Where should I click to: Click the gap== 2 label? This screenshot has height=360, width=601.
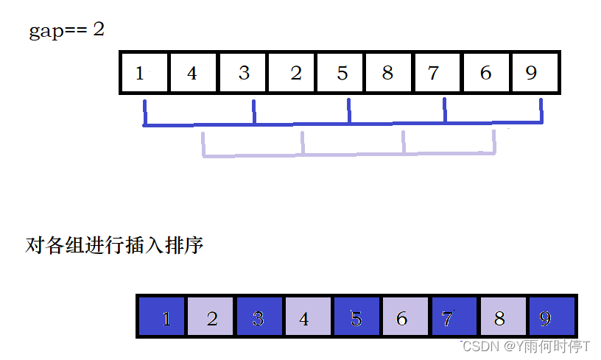(x=67, y=32)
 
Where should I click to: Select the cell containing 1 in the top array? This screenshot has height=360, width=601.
(x=144, y=73)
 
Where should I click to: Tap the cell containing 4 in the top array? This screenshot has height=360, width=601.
(x=193, y=73)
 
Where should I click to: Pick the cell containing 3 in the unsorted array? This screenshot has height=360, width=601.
(x=243, y=73)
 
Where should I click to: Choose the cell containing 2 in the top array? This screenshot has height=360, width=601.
(x=292, y=73)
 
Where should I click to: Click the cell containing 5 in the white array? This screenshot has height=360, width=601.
(x=341, y=73)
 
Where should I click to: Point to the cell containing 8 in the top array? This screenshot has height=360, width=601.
(x=389, y=73)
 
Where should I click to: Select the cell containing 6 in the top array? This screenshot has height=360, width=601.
(x=485, y=73)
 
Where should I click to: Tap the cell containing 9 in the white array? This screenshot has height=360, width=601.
(x=534, y=73)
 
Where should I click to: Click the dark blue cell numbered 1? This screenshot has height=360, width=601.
(x=164, y=318)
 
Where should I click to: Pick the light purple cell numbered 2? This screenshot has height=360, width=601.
(x=211, y=318)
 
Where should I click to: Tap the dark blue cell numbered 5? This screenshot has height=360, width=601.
(x=356, y=318)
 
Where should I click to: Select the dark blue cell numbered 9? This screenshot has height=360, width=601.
(x=549, y=318)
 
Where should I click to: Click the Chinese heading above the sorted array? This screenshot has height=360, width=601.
(x=114, y=246)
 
